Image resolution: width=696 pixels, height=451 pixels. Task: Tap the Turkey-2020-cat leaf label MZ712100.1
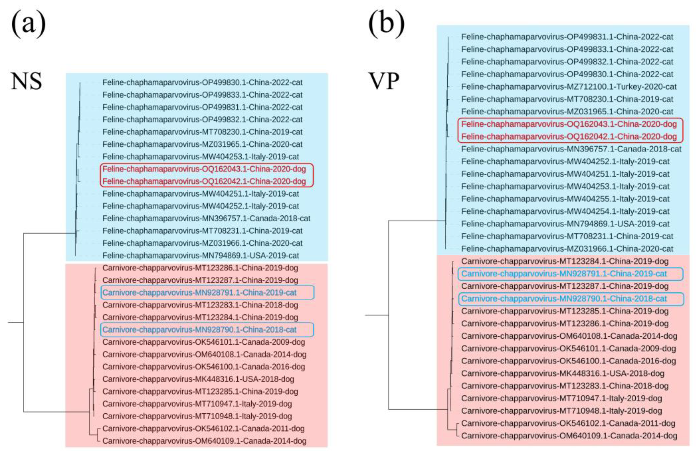569,87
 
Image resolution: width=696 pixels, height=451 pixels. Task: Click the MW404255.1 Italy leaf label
565,199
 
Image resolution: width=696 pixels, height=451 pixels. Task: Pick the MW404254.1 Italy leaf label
565,211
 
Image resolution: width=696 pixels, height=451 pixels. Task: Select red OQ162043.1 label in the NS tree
204,169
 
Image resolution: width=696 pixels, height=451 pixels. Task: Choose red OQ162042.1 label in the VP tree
569,136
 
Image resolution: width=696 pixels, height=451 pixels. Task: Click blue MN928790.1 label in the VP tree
564,298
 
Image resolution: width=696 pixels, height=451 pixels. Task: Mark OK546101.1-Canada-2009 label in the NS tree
203,342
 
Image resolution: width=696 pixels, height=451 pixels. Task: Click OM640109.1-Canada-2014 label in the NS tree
204,441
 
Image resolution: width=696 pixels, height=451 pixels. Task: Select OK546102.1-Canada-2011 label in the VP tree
568,423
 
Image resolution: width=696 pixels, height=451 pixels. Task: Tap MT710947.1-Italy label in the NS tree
197,404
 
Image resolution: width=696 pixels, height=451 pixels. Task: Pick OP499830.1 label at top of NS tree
202,83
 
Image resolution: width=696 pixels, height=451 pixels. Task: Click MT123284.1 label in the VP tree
565,261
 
